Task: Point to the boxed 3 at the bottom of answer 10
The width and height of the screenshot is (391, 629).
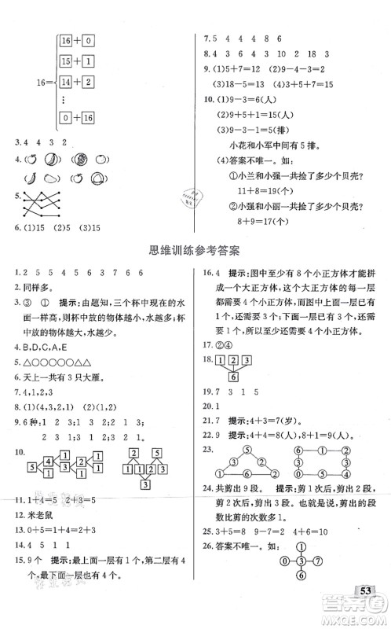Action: [146, 483]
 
